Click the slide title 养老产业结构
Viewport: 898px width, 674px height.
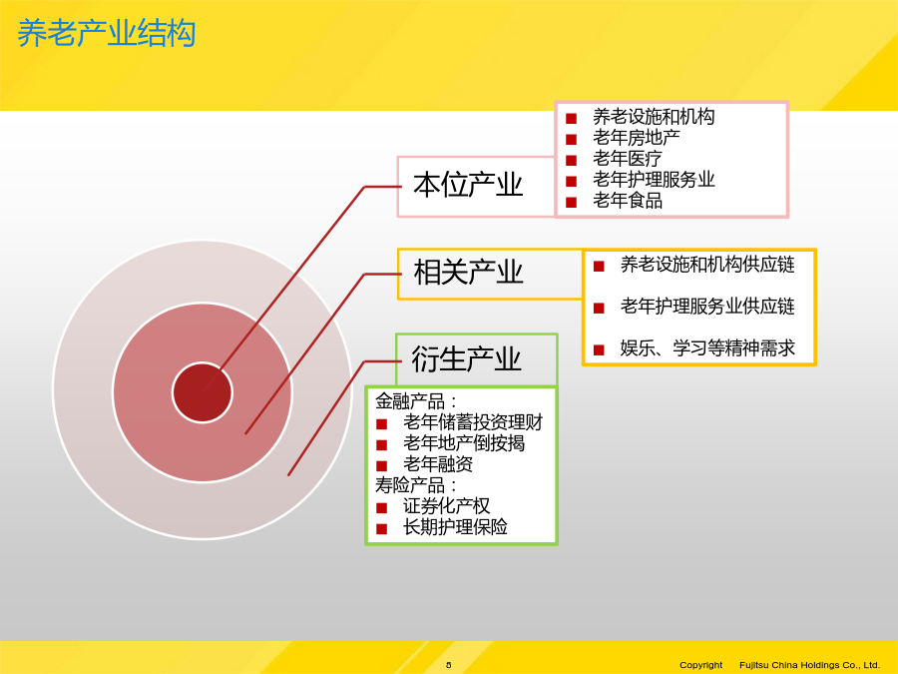coord(107,33)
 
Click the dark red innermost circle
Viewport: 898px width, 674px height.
coord(203,392)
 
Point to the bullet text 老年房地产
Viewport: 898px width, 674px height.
coord(637,138)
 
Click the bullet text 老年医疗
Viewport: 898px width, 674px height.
coord(628,158)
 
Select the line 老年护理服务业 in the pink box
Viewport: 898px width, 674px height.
coord(654,180)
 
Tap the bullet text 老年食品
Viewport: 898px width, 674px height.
coord(628,201)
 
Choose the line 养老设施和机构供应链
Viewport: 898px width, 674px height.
coord(707,265)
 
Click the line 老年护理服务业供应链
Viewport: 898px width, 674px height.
coord(707,307)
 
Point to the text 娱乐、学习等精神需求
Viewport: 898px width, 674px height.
coord(707,347)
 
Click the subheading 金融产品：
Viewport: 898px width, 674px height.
coord(416,401)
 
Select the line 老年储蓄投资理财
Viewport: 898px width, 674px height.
coord(473,422)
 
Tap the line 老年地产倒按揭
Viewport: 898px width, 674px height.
coord(464,443)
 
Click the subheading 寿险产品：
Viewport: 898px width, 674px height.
coord(416,485)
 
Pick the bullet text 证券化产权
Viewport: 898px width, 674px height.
coord(447,506)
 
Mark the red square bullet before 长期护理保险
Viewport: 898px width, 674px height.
coord(382,529)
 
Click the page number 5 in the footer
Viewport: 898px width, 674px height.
coord(448,665)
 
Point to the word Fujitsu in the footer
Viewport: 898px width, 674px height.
coord(755,665)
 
